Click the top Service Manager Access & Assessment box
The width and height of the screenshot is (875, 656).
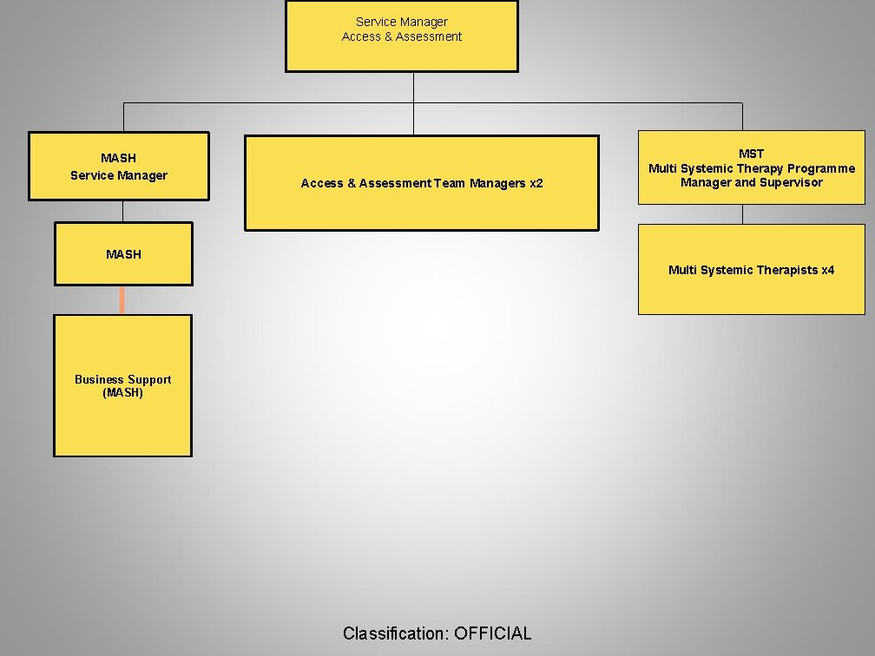pos(401,36)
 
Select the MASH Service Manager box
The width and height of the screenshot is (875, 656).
pos(119,167)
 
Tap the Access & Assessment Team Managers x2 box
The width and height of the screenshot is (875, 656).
pos(421,183)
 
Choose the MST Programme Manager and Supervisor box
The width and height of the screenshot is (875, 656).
pos(751,167)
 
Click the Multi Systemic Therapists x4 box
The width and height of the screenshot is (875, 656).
pos(751,270)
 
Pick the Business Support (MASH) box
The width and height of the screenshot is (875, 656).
pos(122,386)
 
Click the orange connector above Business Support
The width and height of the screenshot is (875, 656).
pos(122,299)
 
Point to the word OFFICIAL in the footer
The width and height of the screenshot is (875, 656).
pos(492,633)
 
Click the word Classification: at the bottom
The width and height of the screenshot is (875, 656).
pos(396,633)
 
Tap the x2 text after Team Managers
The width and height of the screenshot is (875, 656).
pos(536,183)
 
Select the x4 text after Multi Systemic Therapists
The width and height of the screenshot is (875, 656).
pos(827,270)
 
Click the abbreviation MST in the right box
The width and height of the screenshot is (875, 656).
pos(752,154)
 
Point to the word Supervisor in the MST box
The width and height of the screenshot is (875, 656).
pos(791,182)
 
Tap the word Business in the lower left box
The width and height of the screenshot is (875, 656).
pos(98,379)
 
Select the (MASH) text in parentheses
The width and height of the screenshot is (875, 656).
pos(122,393)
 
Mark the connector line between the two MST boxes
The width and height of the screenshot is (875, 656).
pos(742,214)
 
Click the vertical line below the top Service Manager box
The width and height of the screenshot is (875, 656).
pos(413,87)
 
